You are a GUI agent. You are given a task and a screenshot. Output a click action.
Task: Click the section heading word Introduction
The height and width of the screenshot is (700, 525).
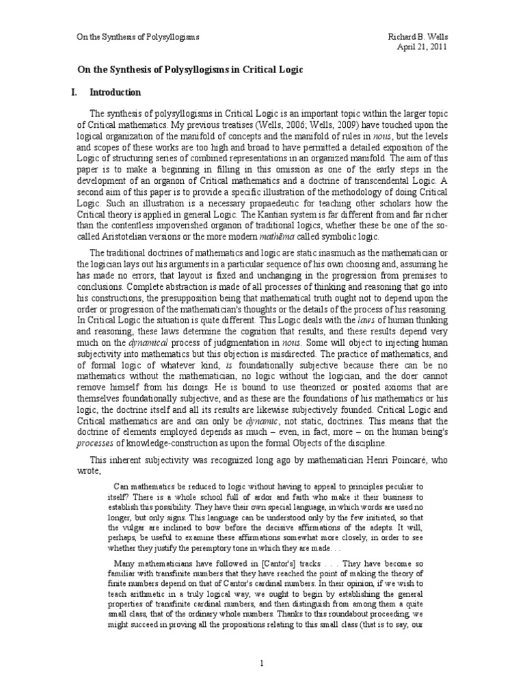pyautogui.click(x=116, y=92)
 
